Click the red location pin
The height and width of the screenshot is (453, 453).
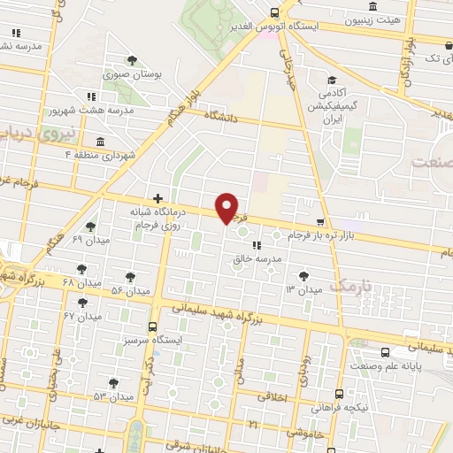(227, 207)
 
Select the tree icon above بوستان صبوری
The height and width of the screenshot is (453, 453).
(132, 60)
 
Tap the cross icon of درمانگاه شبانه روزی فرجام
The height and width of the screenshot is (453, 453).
(157, 199)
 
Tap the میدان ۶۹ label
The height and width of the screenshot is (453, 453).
(89, 240)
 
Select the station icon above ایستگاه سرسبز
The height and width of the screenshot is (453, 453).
(153, 326)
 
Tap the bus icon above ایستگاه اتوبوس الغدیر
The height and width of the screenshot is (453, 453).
(274, 12)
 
